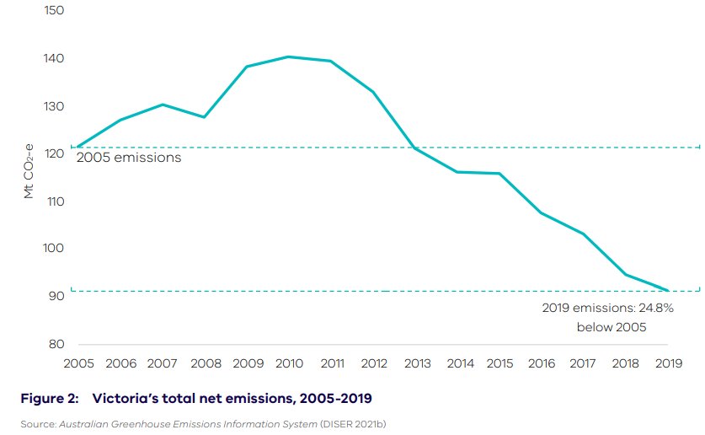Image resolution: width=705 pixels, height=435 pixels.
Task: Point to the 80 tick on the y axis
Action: coord(55,344)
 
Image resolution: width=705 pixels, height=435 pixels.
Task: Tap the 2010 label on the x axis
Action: coord(288,363)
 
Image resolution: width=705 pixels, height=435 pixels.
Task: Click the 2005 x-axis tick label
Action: coord(77,363)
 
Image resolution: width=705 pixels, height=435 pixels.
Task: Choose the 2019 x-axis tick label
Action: coord(668,363)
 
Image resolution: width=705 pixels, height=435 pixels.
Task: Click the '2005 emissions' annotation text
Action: coord(129,158)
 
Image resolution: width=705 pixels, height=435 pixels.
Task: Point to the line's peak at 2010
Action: coord(288,56)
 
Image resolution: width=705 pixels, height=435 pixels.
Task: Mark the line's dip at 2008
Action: coord(204,116)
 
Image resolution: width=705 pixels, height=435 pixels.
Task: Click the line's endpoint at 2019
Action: coord(668,291)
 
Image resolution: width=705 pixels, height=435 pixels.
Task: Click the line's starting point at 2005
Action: coord(77,148)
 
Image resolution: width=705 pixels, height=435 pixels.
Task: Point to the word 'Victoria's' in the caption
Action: coord(123,397)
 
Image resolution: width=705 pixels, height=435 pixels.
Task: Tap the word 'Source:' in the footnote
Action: coord(38,423)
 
